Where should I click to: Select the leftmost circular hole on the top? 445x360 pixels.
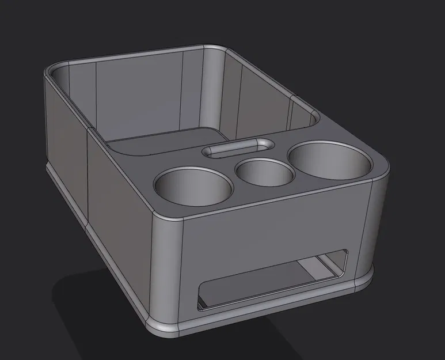pyautogui.click(x=193, y=185)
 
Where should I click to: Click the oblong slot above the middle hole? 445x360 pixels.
pyautogui.click(x=238, y=148)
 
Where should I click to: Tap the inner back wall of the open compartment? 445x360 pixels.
pyautogui.click(x=138, y=95)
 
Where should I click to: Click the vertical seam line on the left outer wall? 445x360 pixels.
pyautogui.click(x=87, y=179)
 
